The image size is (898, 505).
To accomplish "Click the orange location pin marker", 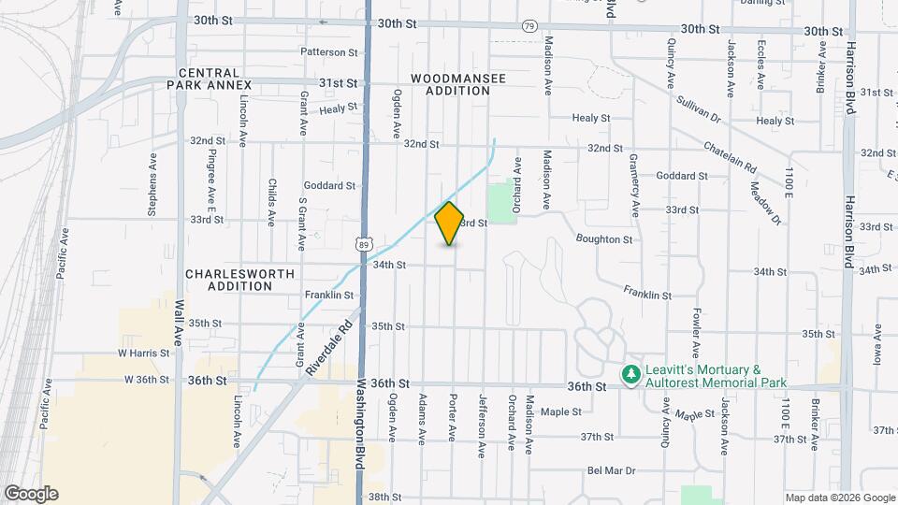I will pyautogui.click(x=450, y=223).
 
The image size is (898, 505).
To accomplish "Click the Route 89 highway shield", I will pyautogui.click(x=363, y=243).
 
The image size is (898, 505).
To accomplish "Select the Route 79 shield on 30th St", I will pyautogui.click(x=530, y=26).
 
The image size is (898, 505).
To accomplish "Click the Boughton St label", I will pyautogui.click(x=604, y=239).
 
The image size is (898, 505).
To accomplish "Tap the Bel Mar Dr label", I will pyautogui.click(x=612, y=471).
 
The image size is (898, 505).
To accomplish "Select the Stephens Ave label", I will pyautogui.click(x=152, y=186).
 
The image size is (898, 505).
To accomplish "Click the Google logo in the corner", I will pyautogui.click(x=31, y=494).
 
